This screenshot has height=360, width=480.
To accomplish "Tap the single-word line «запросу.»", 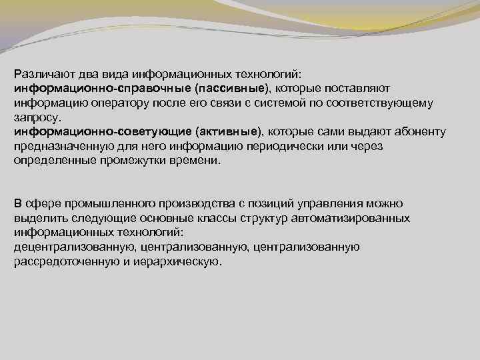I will [x=37, y=118].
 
